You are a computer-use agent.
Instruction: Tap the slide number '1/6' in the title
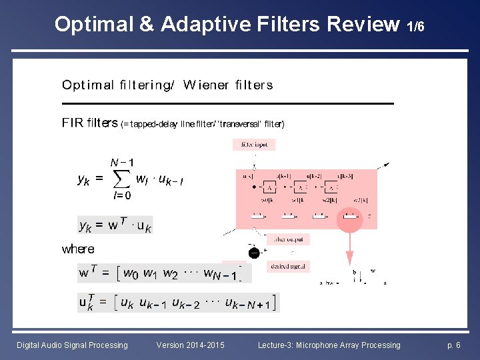pos(415,27)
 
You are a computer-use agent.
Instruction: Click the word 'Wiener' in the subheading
pos(206,85)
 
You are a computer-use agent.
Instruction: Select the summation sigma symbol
pos(120,179)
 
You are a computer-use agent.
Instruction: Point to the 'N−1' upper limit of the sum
pos(122,162)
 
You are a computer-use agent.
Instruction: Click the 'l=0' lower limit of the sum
pos(122,195)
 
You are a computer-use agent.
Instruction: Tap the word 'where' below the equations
pos(78,249)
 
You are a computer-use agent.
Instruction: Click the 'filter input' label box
pos(254,144)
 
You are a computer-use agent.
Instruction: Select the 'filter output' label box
pos(287,239)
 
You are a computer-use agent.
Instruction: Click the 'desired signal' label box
pos(289,266)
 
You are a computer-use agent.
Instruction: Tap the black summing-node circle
pos(254,253)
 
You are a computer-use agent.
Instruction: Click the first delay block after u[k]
pos(269,187)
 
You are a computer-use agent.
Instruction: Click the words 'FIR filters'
pos(90,123)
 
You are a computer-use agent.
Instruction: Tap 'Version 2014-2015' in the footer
pos(190,345)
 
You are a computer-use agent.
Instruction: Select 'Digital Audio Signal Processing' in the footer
pos(72,345)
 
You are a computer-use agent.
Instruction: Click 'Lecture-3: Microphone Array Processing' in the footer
pos(329,345)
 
